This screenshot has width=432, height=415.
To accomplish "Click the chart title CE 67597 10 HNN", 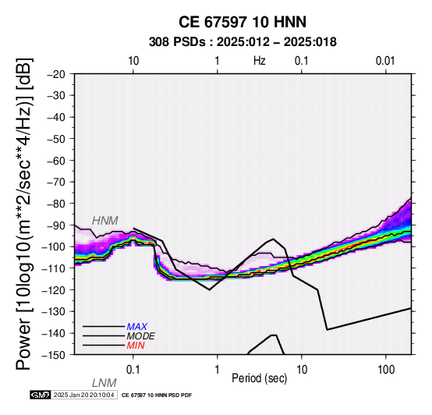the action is [x=243, y=22].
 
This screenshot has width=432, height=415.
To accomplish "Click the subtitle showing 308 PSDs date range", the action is [x=243, y=42].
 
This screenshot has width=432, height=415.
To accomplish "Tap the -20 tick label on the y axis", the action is [x=56, y=74].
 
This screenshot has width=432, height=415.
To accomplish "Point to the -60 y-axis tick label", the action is [x=56, y=161].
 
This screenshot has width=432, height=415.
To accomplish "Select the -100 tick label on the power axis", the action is [x=54, y=247].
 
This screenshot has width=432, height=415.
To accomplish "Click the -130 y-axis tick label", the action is [x=54, y=311].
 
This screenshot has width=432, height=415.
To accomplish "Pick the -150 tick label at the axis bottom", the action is [x=54, y=355].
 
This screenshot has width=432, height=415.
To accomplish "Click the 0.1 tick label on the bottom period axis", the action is [x=133, y=370].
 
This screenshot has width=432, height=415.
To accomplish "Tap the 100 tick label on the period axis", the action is [x=386, y=370].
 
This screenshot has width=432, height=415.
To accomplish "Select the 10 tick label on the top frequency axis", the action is [x=133, y=61].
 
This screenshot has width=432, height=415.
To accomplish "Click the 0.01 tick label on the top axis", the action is [x=385, y=61].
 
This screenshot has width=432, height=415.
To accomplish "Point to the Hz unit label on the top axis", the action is [x=260, y=61].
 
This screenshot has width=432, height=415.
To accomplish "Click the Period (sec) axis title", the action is [x=260, y=378].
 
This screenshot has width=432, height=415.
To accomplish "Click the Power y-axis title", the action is [x=24, y=214].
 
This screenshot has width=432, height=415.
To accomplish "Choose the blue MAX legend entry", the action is [x=137, y=327].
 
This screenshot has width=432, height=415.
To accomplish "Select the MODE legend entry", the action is [x=141, y=336].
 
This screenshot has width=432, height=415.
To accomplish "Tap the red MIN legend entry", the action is [x=136, y=346].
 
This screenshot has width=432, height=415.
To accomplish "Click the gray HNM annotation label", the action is [x=105, y=221].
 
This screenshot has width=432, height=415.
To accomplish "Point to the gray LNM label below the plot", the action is [x=104, y=383].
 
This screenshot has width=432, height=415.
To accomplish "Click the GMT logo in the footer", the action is [x=41, y=395].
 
